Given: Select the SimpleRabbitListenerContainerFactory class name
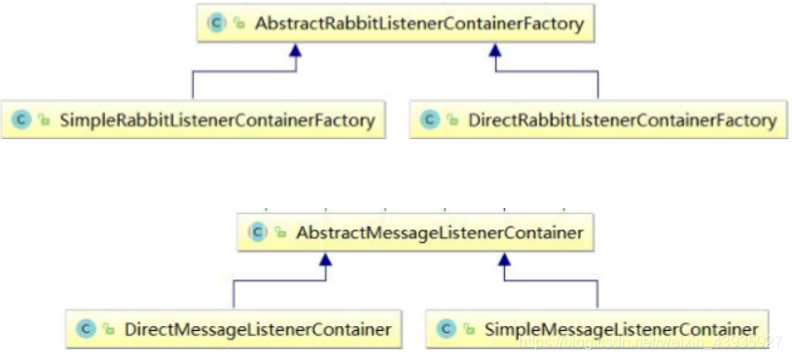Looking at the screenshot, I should [x=217, y=121].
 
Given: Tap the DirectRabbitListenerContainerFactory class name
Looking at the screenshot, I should [x=623, y=121].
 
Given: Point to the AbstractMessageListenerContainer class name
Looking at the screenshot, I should [x=440, y=233].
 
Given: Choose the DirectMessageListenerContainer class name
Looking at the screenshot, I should [x=257, y=329].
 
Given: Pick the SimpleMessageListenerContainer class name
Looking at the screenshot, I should [x=621, y=329].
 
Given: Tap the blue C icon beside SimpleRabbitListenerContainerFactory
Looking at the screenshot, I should [x=21, y=121].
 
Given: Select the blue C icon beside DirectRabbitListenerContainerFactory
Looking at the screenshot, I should [x=430, y=121].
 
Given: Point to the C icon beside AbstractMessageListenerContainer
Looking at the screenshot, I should [x=258, y=233].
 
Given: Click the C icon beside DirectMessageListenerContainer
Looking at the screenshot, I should [x=86, y=329].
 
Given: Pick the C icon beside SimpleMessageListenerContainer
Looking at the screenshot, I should [x=447, y=329].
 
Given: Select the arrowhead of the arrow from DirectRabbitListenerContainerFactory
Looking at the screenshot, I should [x=493, y=52].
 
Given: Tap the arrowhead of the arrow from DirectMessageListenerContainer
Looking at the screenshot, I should [x=328, y=260].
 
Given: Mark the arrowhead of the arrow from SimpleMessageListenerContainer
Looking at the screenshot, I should [x=503, y=260].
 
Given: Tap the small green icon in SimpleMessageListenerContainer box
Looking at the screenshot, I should [x=468, y=330].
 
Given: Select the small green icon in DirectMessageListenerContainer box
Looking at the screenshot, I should [x=107, y=330].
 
